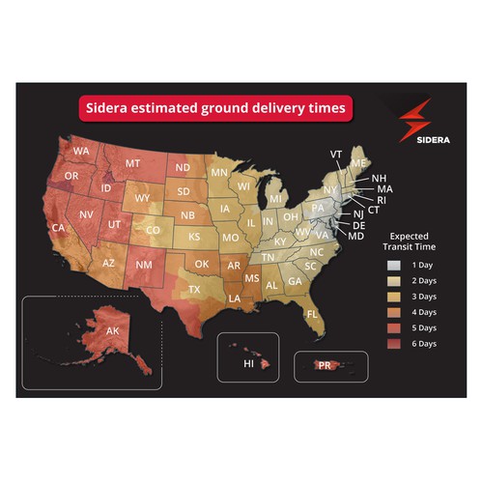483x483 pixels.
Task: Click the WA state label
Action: click(x=81, y=151)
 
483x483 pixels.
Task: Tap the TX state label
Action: click(x=194, y=289)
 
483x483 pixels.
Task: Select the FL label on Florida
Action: click(x=312, y=315)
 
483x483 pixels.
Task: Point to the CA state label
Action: click(x=59, y=228)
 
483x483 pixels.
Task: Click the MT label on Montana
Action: click(x=132, y=164)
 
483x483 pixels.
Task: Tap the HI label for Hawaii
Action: click(x=248, y=364)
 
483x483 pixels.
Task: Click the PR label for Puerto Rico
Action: click(x=325, y=365)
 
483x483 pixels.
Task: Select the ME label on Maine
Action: click(x=358, y=164)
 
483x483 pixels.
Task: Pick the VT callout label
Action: click(x=336, y=154)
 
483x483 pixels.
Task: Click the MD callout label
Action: click(x=355, y=237)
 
